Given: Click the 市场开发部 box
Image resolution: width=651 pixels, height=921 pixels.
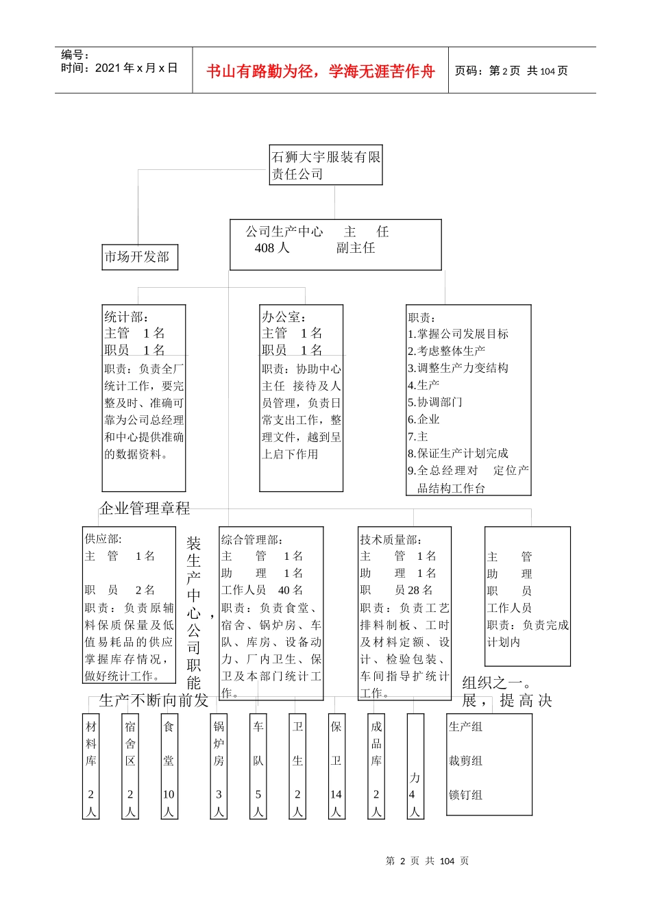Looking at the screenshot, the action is tap(140, 257).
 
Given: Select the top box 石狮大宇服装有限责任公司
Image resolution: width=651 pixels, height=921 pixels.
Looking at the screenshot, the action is tap(325, 165).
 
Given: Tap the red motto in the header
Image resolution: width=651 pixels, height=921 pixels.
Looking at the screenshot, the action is tap(320, 71).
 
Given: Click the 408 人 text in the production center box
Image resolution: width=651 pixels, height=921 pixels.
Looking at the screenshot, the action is tap(272, 248).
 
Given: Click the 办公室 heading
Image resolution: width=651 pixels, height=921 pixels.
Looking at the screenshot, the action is tap(284, 317).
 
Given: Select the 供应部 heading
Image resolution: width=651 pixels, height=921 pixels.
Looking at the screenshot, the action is tap(103, 539).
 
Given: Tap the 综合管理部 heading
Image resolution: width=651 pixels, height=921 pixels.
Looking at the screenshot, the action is tap(251, 539).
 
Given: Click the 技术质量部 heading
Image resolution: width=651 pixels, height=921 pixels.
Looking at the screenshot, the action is tap(391, 539).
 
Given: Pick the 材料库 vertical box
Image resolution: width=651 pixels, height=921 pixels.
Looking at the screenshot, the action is tap(91, 766).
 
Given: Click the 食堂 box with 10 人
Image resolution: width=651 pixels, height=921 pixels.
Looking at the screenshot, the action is tap(169, 766).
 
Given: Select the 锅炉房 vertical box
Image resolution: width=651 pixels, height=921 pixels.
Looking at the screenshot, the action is tap(219, 766).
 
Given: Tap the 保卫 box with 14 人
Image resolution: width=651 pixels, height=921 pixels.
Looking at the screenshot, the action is tap(336, 766).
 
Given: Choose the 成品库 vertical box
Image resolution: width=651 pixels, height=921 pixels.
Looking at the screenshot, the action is tap(376, 766).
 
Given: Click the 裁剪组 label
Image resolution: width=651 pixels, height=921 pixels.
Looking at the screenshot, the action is tap(465, 761).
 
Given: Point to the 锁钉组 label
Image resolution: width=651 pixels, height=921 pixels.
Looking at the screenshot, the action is tap(465, 795).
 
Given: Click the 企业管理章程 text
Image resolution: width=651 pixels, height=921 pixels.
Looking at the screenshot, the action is tap(145, 508).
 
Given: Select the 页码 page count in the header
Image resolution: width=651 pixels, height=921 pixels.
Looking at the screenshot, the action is tap(511, 71).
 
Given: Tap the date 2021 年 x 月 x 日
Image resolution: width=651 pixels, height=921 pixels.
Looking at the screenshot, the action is tap(119, 68).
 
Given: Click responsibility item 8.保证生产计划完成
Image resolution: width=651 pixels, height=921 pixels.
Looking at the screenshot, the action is tap(458, 454).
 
